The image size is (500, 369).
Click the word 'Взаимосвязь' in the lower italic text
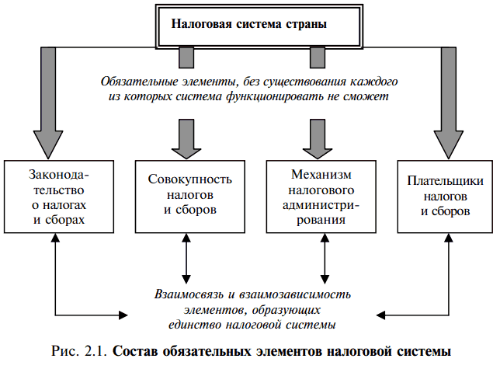(186, 294)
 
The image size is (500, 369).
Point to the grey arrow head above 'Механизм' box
(317, 138)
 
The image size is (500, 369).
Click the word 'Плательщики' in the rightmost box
(446, 181)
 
